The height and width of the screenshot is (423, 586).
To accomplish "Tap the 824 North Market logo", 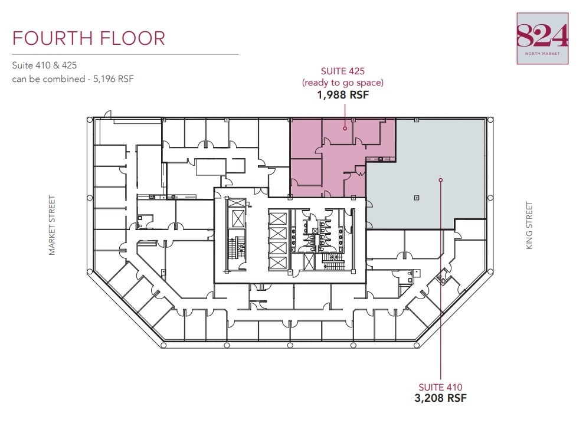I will click(x=542, y=38).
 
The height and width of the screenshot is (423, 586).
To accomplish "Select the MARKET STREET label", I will click(x=52, y=225).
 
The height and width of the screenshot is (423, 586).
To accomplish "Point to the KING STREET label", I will click(x=529, y=225).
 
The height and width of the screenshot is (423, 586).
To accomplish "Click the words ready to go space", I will click(x=343, y=83).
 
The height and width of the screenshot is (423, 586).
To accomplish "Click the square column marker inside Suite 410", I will click(x=417, y=197).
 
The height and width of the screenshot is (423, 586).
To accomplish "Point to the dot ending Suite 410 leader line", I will click(x=441, y=179).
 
